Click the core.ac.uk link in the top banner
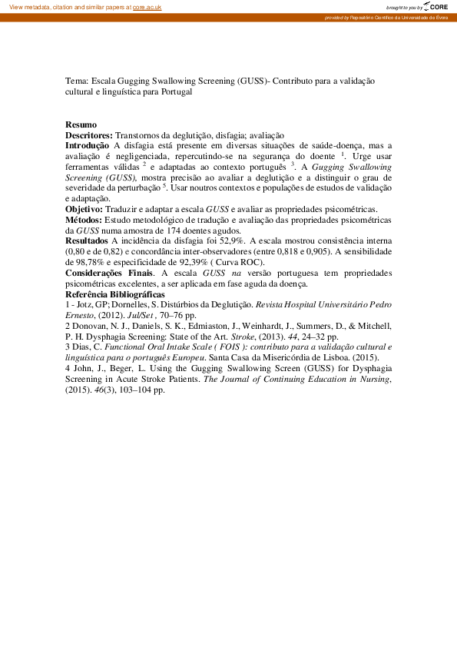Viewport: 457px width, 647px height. [147, 6]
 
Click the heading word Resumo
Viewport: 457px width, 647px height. [81, 124]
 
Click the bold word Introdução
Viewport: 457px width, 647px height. [87, 144]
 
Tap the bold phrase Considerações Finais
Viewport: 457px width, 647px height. [108, 273]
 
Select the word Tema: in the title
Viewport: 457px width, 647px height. [77, 80]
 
